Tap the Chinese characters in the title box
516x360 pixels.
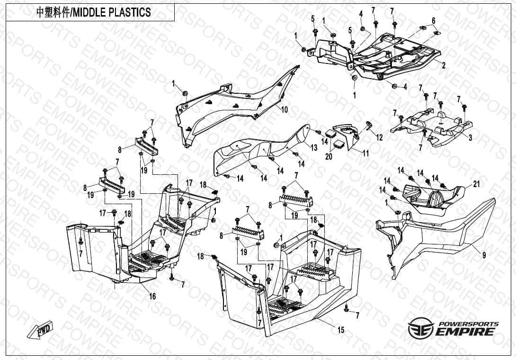(53, 12)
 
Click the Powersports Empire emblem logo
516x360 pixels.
(421, 328)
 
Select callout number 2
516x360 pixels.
(444, 65)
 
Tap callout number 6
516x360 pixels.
(434, 21)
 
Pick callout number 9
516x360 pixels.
(484, 254)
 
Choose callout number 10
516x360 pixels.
(285, 109)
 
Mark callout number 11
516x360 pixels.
(365, 153)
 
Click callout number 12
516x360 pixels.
(380, 137)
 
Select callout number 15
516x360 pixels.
(340, 330)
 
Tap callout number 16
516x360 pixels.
(152, 296)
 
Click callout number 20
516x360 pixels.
(329, 157)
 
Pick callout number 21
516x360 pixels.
(477, 184)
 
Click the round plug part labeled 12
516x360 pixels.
(368, 125)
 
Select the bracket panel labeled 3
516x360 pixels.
(432, 127)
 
